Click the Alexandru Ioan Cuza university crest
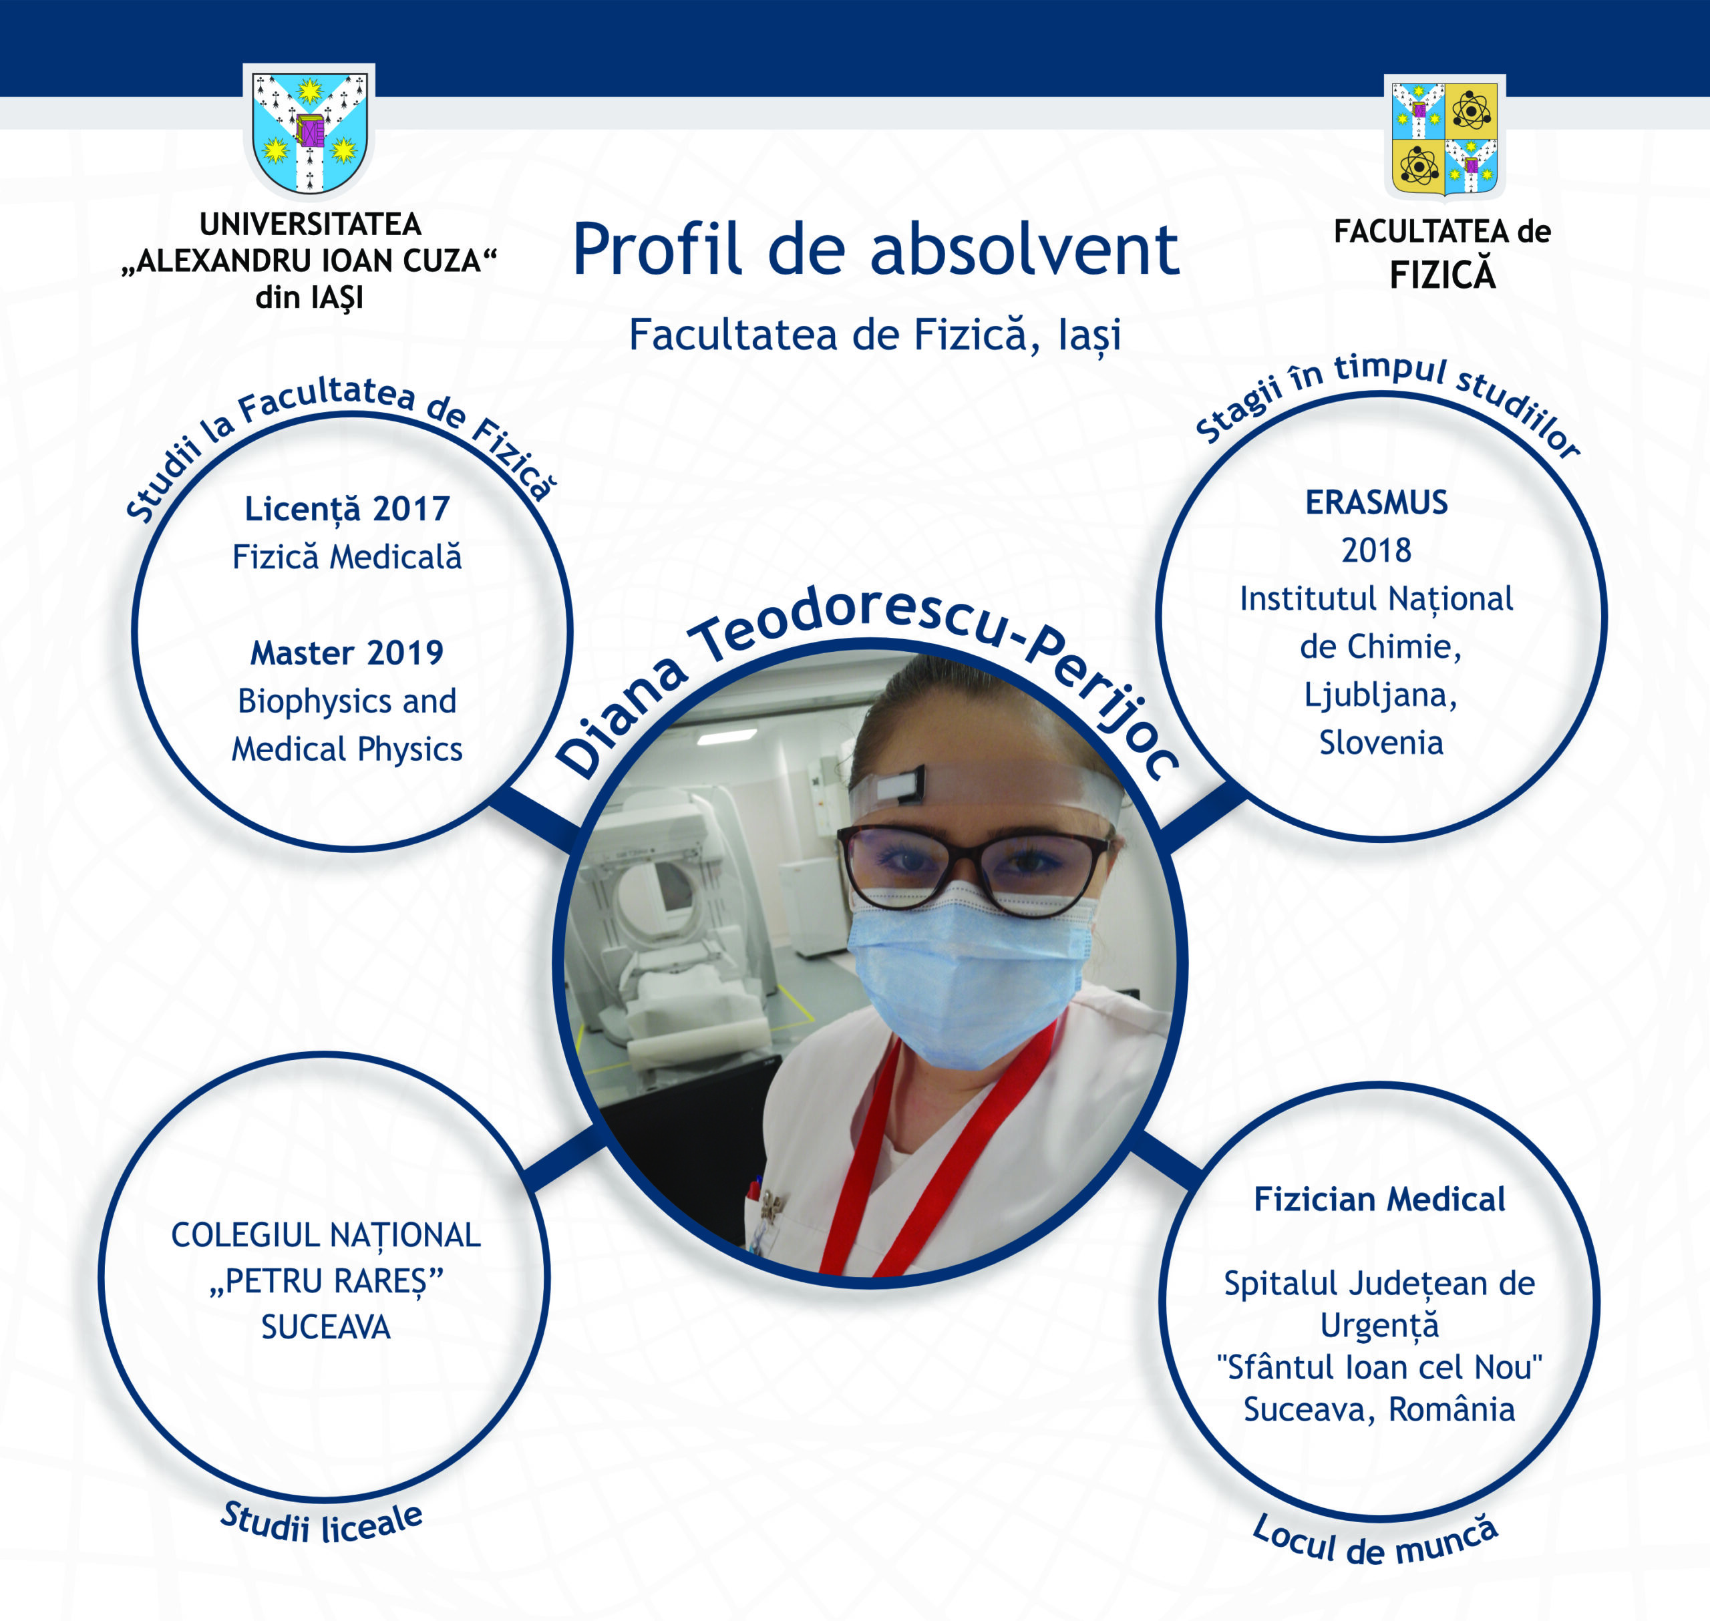[309, 132]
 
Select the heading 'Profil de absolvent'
[875, 250]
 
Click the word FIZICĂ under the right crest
[1442, 276]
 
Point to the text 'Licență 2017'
[347, 509]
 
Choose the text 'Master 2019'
[347, 653]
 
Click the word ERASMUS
[1377, 503]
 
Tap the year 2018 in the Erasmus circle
[1377, 550]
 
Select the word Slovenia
[1381, 743]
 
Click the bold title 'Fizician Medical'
[1379, 1200]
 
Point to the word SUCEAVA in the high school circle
[326, 1327]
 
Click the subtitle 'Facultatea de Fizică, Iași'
[874, 335]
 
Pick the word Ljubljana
[1380, 695]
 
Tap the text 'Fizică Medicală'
[347, 557]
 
